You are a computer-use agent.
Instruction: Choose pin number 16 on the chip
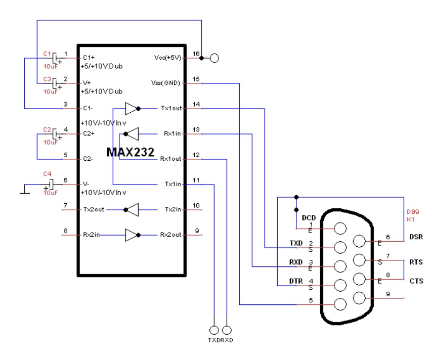tap(196, 53)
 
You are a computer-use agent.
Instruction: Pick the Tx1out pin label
tap(171, 108)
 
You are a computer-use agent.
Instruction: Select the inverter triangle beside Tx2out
tap(131, 209)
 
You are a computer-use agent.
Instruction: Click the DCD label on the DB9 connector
tap(309, 218)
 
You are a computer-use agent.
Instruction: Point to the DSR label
tap(416, 237)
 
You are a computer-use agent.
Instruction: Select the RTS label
tap(416, 262)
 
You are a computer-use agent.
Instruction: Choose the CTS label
tap(416, 281)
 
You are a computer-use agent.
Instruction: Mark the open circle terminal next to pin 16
tap(214, 58)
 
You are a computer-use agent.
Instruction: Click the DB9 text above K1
tap(413, 213)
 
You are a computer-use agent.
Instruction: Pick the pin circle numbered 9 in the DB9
tap(360, 298)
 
